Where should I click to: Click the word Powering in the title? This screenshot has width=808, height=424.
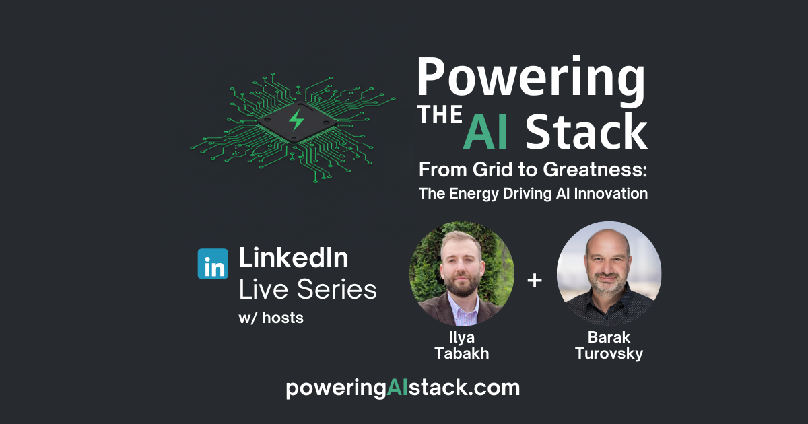(531, 78)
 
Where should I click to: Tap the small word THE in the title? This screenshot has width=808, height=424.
(440, 116)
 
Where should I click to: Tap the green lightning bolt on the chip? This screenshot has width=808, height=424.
(296, 120)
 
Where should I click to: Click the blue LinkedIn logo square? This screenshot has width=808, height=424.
(213, 263)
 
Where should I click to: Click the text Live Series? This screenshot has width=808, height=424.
(308, 290)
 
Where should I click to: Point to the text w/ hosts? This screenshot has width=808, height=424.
(271, 318)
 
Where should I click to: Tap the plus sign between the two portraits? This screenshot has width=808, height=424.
(535, 280)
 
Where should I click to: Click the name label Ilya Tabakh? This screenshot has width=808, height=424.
(461, 345)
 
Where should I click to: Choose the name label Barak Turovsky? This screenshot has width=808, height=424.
(609, 345)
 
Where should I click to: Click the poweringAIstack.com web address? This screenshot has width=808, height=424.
(403, 388)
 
